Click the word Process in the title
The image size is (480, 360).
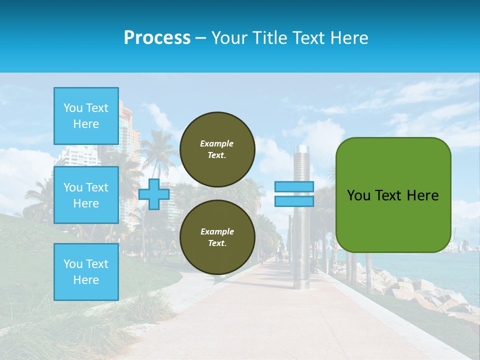157,37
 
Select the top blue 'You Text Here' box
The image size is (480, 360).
86,116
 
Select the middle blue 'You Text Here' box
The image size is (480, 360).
86,195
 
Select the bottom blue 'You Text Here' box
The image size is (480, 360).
86,271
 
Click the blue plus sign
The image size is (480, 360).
154,194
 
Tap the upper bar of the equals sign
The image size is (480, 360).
294,186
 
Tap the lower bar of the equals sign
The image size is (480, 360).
294,201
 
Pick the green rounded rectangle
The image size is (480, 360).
393,220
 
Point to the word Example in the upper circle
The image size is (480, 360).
216,143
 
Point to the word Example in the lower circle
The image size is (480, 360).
216,231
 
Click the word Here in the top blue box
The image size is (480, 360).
86,124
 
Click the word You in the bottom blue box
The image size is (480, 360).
73,264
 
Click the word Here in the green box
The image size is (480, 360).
422,195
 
